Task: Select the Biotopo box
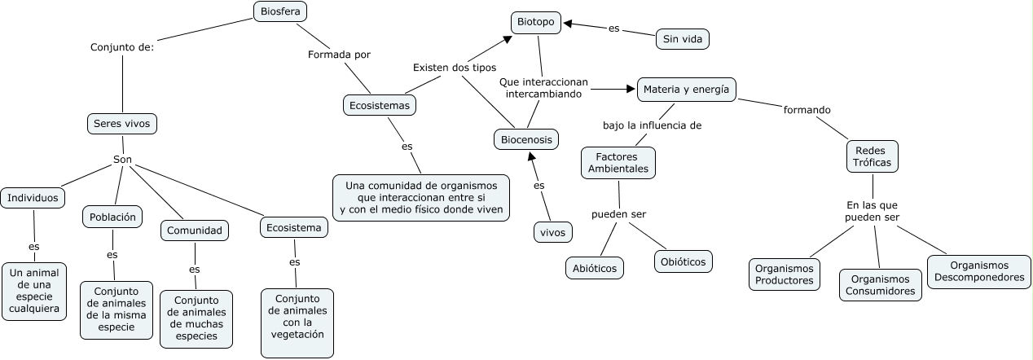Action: pos(536,23)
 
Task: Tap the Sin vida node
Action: pos(682,38)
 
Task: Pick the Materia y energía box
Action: pos(686,90)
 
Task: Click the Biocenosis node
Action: pos(526,140)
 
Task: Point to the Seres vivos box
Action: pos(121,124)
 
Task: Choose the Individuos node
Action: pos(33,197)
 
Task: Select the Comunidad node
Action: pos(194,231)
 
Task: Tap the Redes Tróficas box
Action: pos(873,156)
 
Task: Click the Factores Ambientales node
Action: pos(618,162)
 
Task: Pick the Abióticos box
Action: pos(594,267)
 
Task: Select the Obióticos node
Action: pos(683,261)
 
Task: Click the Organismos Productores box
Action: pos(784,274)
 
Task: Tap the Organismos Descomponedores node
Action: pos(978,271)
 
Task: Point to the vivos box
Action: pos(553,232)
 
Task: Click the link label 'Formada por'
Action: pos(339,55)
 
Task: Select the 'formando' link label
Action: pos(807,109)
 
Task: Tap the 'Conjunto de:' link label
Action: pos(122,47)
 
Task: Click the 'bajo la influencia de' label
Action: pos(652,125)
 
